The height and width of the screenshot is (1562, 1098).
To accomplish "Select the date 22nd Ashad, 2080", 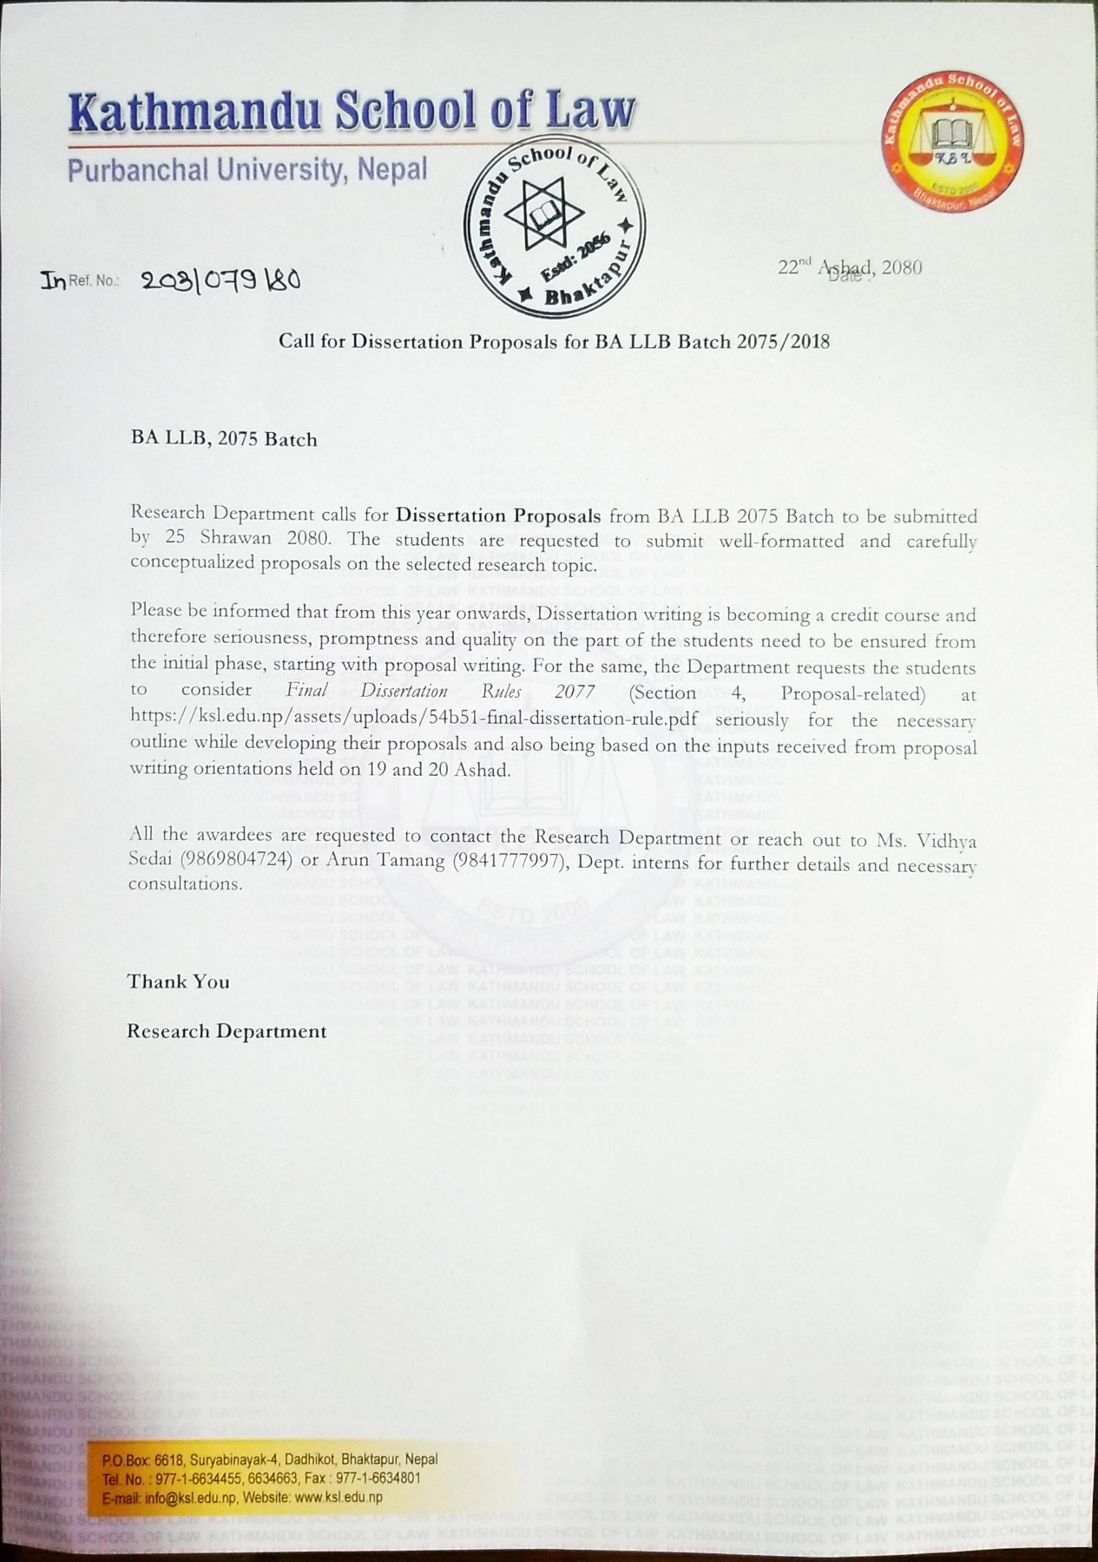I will click(850, 267).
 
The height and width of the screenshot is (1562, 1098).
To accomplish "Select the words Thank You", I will click(179, 981).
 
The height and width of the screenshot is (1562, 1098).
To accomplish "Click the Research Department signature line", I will click(227, 1031).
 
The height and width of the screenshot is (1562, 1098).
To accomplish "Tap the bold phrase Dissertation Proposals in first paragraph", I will click(498, 515).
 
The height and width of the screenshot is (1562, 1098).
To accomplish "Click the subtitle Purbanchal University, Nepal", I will click(247, 169).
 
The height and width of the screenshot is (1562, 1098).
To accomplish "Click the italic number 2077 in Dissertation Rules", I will click(575, 692).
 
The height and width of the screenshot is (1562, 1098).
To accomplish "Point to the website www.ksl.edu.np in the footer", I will click(339, 1497).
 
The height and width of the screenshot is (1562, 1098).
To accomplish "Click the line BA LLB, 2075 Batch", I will click(224, 439).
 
